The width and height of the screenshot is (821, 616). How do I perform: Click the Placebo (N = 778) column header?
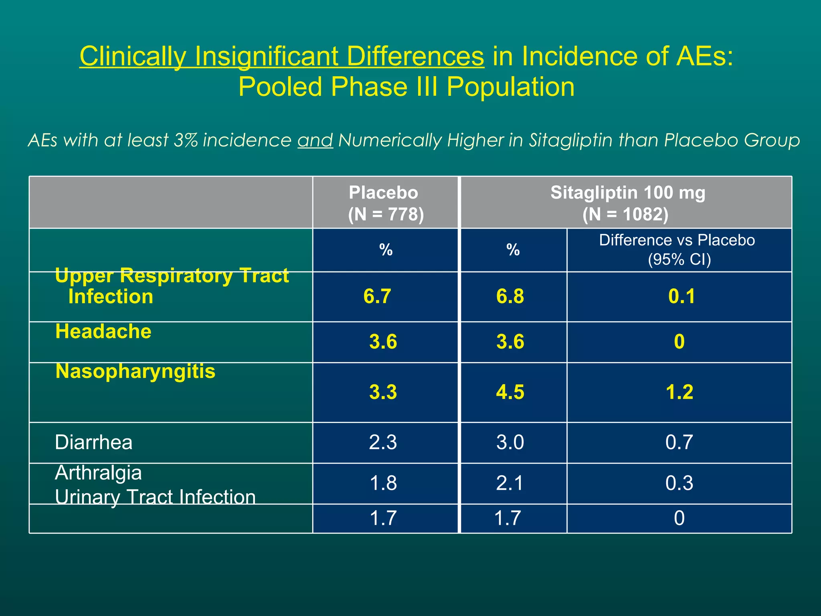pos(385,203)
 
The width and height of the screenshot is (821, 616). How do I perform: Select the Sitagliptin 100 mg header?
pos(627,203)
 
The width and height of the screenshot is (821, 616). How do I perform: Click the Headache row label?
pos(103,332)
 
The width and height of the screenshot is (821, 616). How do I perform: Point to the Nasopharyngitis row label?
pos(135,371)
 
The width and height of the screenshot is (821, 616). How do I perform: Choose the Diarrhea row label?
pos(93,442)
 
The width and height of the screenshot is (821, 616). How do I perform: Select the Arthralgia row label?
pos(98,473)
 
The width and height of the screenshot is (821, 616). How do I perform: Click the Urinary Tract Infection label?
pos(155,497)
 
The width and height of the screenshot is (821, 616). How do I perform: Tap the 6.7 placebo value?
pos(377,296)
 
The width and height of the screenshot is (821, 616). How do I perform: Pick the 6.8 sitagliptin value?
pos(510,296)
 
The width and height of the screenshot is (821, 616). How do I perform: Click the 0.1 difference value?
pos(681,296)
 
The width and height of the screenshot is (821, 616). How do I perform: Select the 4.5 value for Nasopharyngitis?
pos(510,392)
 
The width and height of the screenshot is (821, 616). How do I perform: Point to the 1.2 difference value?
pos(679,392)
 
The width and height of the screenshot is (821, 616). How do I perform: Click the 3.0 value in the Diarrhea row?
pos(510,442)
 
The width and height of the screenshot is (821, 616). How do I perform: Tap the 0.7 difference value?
pos(679,442)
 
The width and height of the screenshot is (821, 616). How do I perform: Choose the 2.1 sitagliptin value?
pos(510,483)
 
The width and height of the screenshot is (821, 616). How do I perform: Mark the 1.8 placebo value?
pos(383,483)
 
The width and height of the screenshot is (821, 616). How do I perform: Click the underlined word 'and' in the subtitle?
pos(315,140)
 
